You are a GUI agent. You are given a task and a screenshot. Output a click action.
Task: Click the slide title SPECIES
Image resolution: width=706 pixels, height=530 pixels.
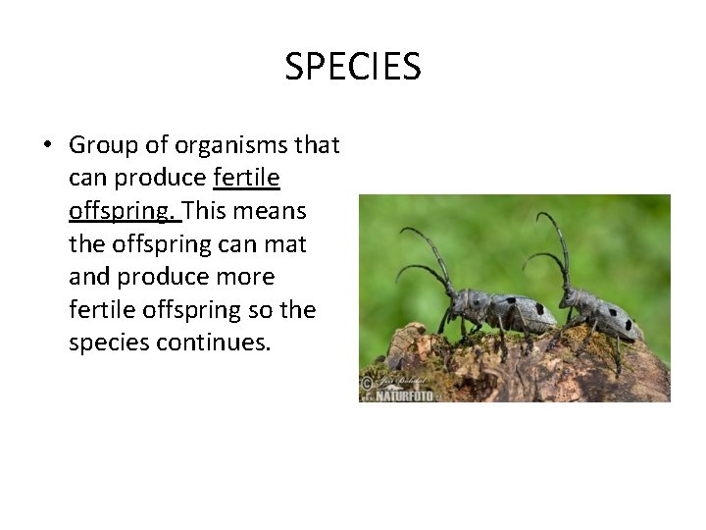353,67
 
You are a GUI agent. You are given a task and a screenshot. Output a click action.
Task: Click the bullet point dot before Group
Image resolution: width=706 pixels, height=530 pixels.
46,145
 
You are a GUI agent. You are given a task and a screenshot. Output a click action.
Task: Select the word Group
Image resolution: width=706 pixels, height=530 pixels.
103,145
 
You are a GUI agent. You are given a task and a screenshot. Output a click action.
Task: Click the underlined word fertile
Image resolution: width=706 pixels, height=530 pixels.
246,178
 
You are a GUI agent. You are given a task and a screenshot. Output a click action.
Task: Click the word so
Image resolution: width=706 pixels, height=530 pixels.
263,310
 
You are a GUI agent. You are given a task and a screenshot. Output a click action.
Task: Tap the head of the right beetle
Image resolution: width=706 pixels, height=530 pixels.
576,298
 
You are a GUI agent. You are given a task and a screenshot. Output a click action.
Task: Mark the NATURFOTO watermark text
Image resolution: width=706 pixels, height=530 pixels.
403,396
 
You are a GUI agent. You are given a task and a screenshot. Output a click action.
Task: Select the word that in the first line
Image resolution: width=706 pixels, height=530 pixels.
316,145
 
